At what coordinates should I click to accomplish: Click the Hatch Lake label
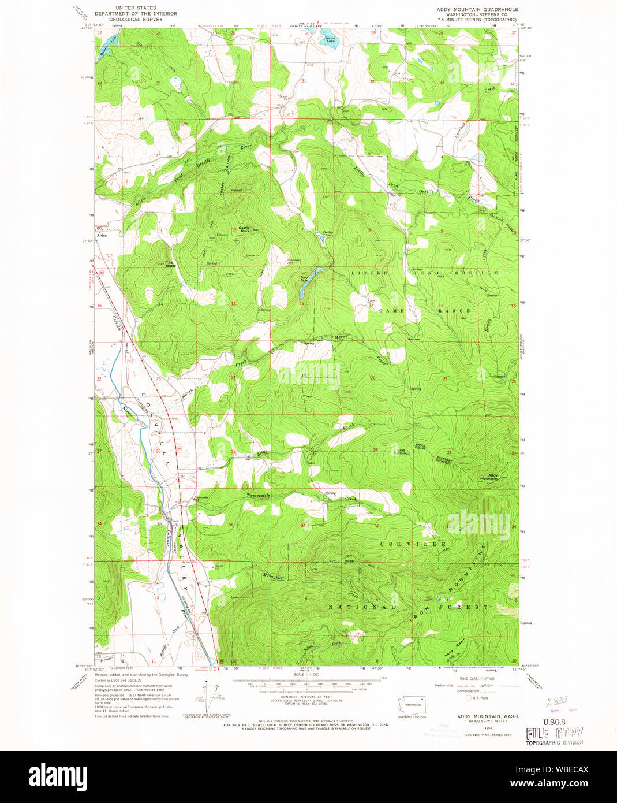pos(330,40)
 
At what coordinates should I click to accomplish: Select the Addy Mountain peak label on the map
pos(489,477)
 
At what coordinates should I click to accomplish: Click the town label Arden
pos(102,236)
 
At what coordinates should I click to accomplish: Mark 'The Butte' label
pos(171,265)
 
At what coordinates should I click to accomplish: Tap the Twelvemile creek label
pos(258,496)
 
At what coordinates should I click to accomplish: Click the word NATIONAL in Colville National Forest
pos(362,607)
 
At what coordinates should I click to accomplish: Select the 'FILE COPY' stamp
pos(554,734)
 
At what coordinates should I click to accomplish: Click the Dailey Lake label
pos(328,233)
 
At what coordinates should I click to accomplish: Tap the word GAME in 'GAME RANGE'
pos(391,310)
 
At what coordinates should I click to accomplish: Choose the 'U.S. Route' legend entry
pos(480,698)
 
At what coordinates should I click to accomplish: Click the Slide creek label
pos(263,453)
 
